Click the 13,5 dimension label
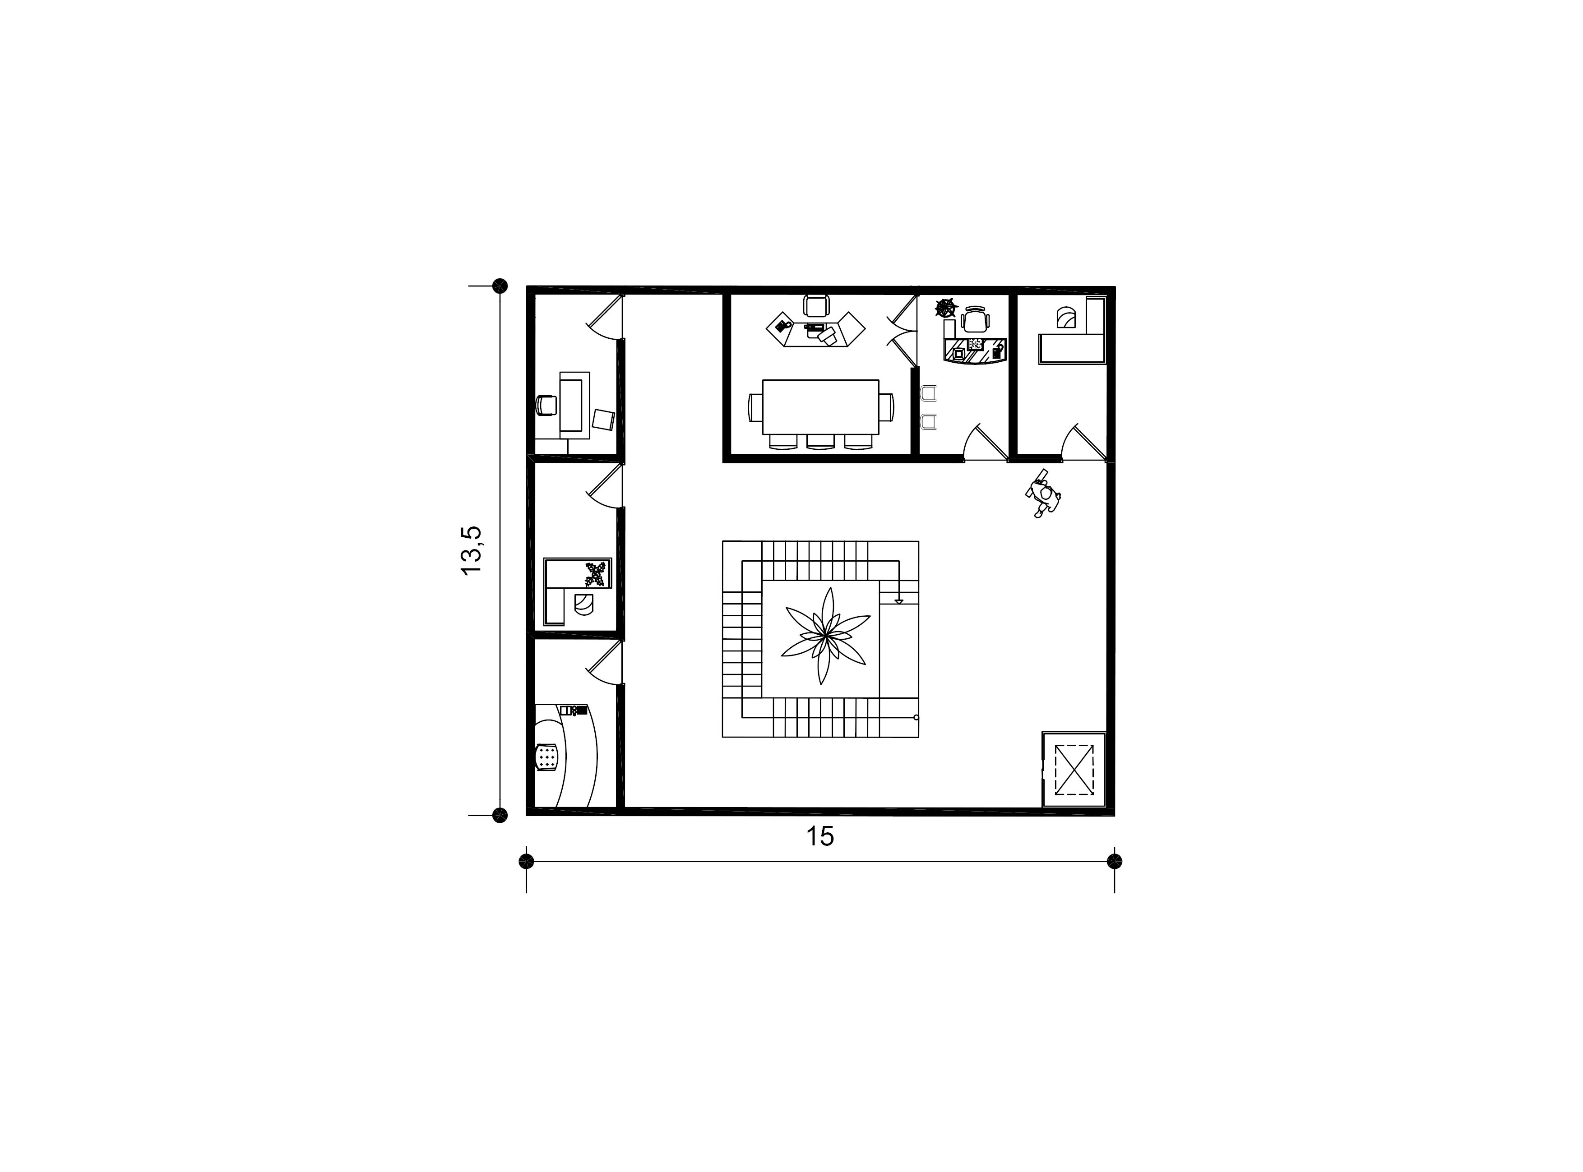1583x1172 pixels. [471, 550]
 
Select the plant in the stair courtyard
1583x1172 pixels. [825, 636]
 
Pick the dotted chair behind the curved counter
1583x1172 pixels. [546, 757]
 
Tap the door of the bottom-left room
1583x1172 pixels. [605, 663]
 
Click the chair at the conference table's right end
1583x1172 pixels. [887, 407]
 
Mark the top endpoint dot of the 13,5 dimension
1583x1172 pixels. [500, 286]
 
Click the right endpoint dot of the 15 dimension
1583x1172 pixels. [1115, 861]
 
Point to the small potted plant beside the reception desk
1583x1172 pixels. [946, 308]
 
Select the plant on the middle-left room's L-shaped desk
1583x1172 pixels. [597, 574]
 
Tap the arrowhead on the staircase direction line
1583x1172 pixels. [899, 602]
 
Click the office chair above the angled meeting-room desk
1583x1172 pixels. [816, 306]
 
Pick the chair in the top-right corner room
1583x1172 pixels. [1066, 317]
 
